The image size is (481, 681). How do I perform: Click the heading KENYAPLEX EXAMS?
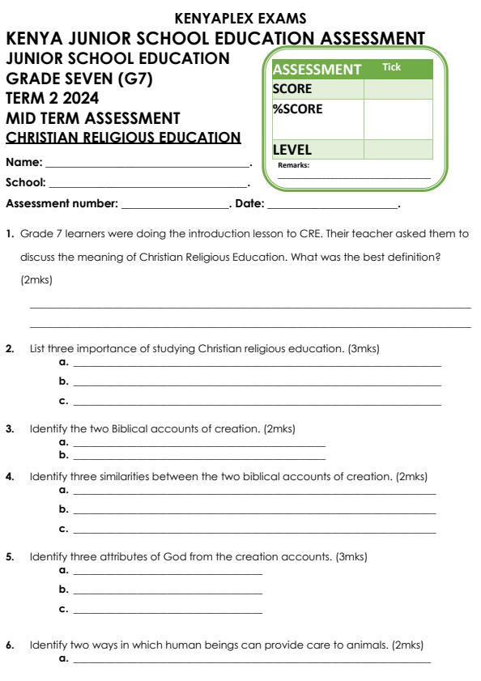[x=240, y=19]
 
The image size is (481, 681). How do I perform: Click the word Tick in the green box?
[x=393, y=67]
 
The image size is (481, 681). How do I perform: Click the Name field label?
[x=24, y=163]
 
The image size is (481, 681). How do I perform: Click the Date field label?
[x=248, y=202]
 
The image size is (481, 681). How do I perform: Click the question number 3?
[x=10, y=425]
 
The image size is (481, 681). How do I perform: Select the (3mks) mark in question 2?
[x=364, y=349]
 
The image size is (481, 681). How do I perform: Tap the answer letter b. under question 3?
[x=64, y=458]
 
